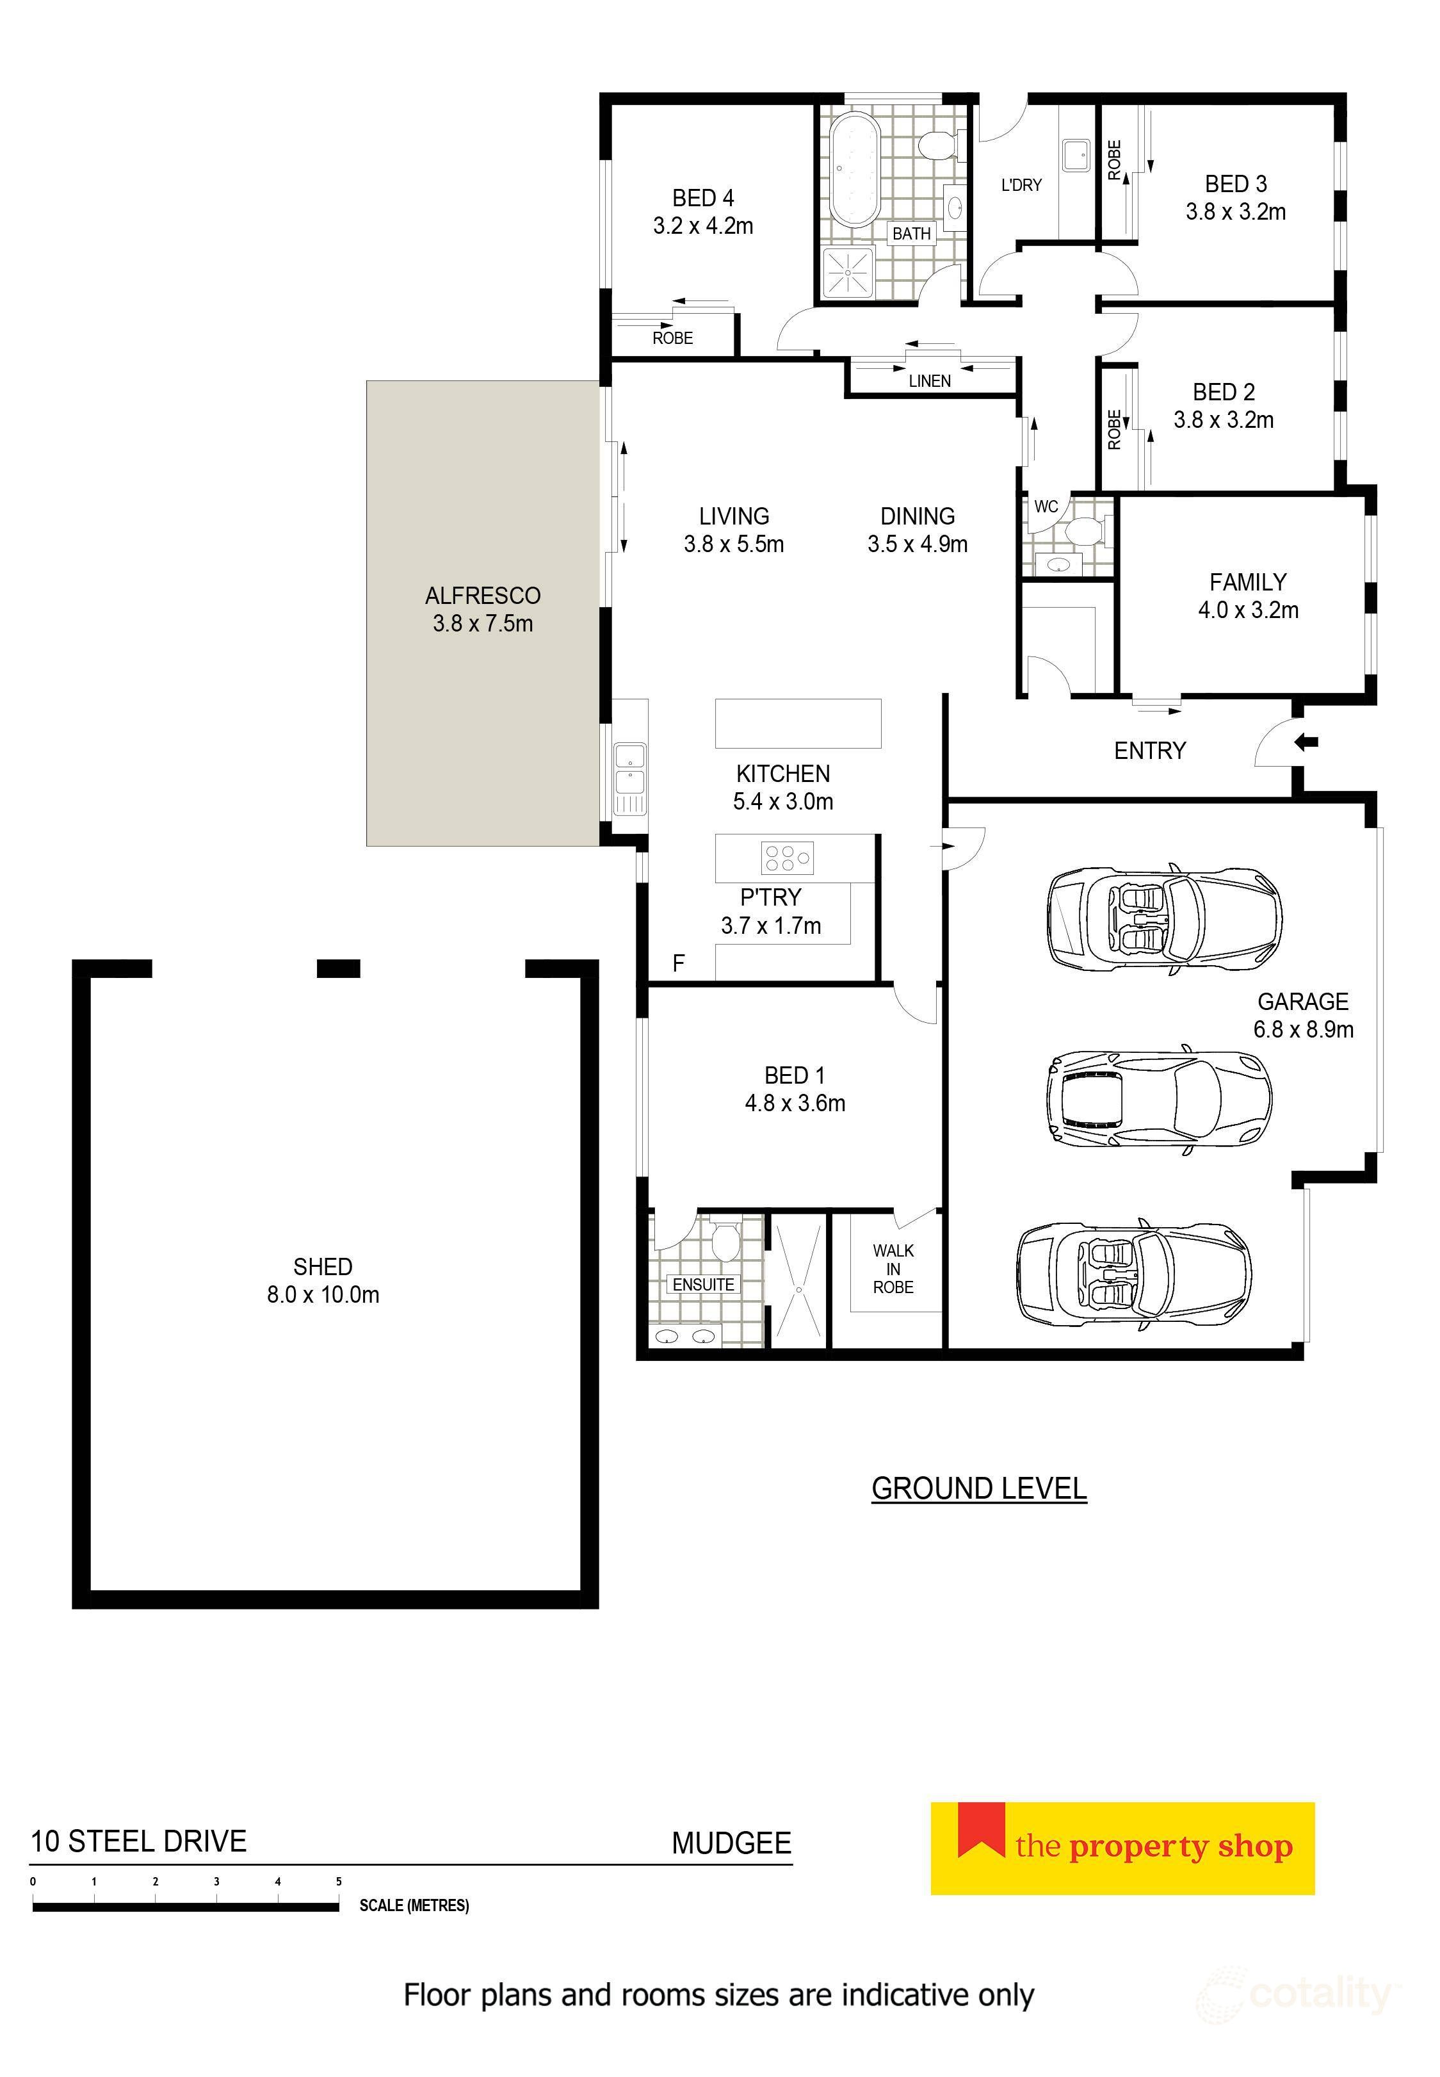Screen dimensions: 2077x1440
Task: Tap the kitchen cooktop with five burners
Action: click(788, 857)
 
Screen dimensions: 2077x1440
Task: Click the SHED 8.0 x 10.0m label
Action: click(322, 1280)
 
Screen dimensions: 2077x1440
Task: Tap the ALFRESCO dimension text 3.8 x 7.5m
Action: click(483, 623)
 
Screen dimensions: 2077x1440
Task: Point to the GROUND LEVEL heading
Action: click(979, 1488)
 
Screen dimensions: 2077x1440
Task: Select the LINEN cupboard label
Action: click(929, 381)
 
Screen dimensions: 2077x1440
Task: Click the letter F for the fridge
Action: click(679, 964)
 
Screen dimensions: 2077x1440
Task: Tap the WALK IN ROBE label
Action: click(893, 1269)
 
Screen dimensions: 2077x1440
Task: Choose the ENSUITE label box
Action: click(704, 1284)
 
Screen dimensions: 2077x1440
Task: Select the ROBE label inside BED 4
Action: click(673, 338)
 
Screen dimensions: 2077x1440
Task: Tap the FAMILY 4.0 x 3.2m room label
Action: click(1248, 596)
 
